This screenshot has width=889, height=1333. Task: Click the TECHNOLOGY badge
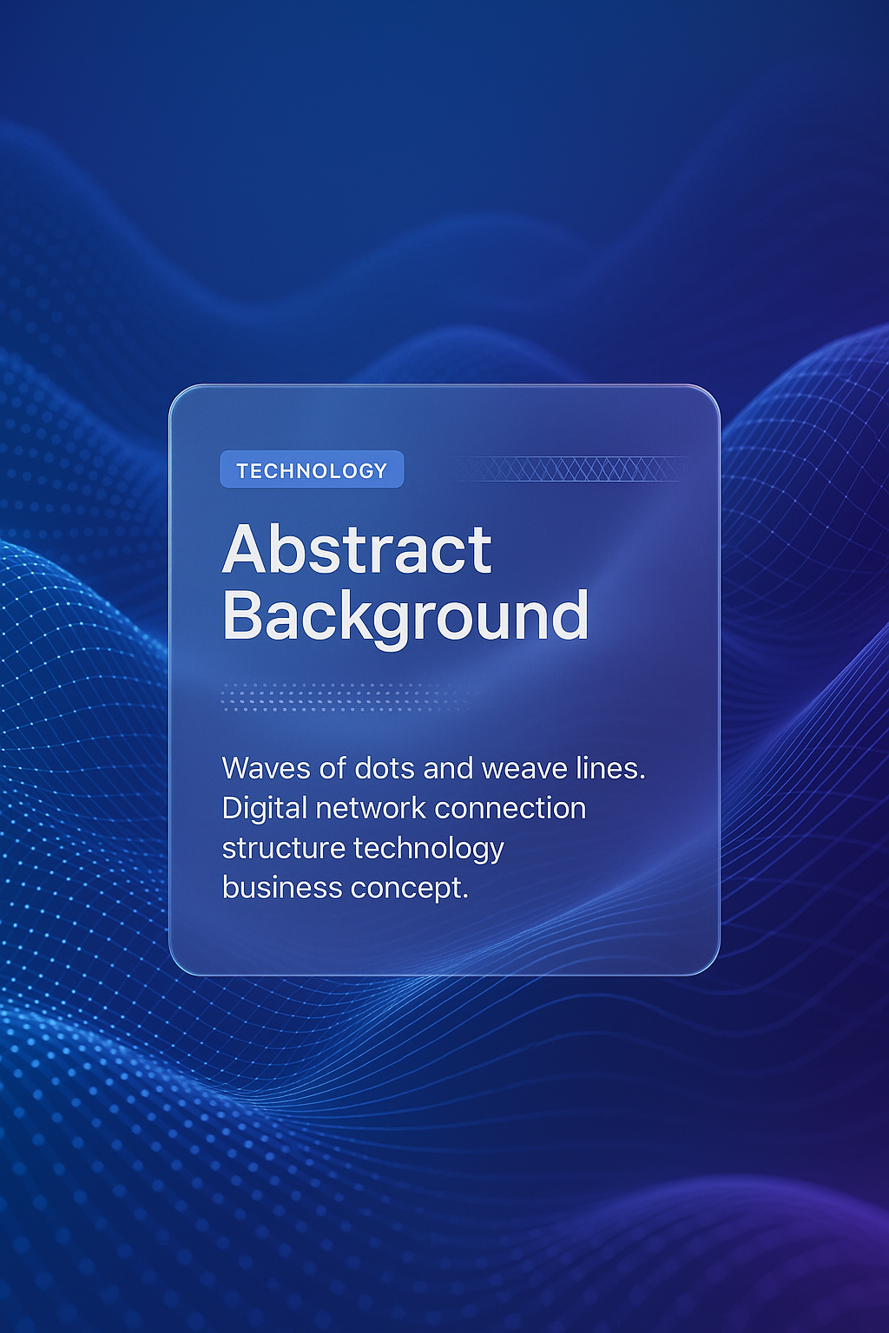click(x=312, y=469)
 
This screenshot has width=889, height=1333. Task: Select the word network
click(x=371, y=809)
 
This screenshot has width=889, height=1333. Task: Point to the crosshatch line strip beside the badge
click(x=571, y=469)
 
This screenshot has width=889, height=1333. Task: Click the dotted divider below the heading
click(x=348, y=696)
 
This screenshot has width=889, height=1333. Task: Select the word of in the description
click(x=333, y=768)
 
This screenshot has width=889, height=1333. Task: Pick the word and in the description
click(x=448, y=768)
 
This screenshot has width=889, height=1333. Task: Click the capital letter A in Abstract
click(x=244, y=549)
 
